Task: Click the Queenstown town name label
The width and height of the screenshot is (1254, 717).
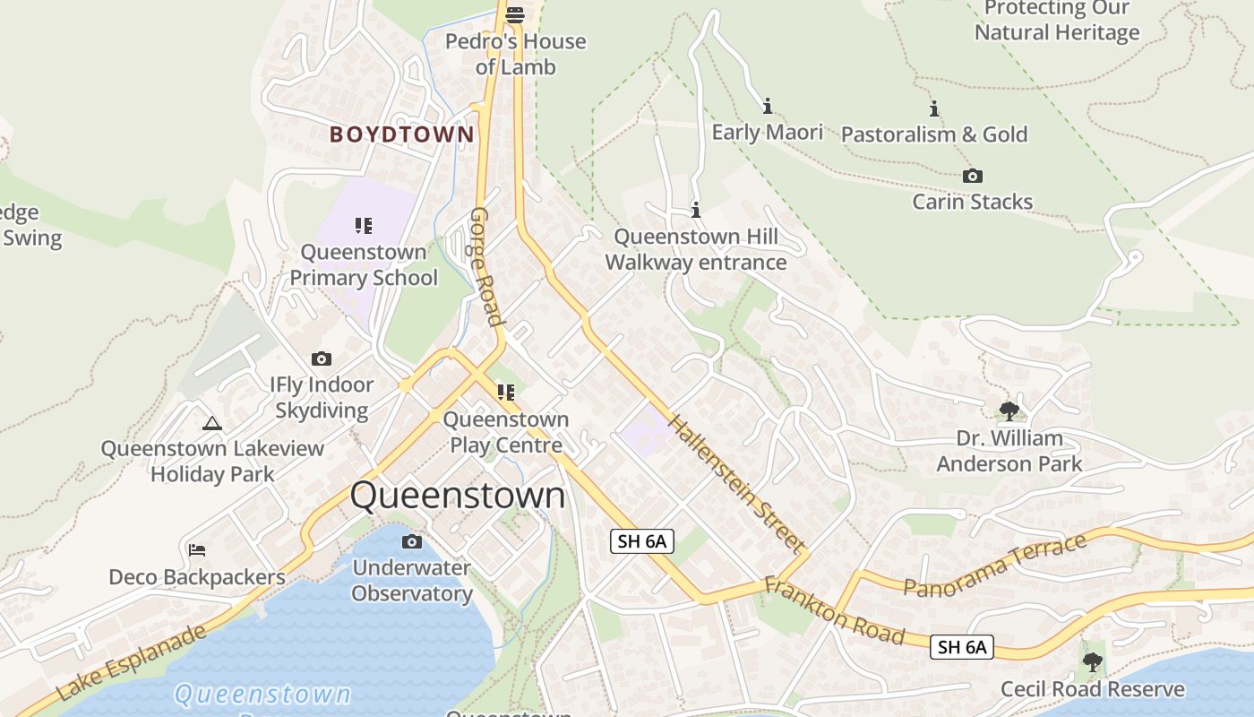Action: coord(458,496)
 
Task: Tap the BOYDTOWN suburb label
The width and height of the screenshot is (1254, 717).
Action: coord(401,135)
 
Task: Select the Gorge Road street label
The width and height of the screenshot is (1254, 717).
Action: coord(486,266)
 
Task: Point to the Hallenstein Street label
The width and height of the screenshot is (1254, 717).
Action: coord(734,482)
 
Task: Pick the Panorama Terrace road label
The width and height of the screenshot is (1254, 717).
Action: coord(994,565)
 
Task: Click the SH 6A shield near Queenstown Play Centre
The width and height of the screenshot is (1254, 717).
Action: coord(641,541)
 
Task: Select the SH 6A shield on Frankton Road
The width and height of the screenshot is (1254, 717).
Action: coord(962,647)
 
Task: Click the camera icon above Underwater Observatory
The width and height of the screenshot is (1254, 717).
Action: coord(412,541)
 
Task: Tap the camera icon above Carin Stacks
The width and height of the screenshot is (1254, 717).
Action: coord(972,177)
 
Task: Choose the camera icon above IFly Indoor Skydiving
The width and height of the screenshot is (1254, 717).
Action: coord(322,359)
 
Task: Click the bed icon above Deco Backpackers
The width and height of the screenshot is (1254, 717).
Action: coord(197,549)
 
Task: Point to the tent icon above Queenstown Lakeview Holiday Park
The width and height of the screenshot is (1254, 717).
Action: coord(212,423)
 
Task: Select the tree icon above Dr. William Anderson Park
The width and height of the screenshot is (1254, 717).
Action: coord(1009,411)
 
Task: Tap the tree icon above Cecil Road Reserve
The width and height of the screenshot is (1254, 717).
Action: coord(1092,662)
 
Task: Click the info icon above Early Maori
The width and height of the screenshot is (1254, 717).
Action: coord(767,107)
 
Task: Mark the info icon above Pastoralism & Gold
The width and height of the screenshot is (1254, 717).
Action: coord(934,109)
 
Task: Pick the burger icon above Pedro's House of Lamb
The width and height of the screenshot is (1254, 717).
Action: coord(514,14)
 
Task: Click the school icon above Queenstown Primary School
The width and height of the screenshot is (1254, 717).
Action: coord(363,225)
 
